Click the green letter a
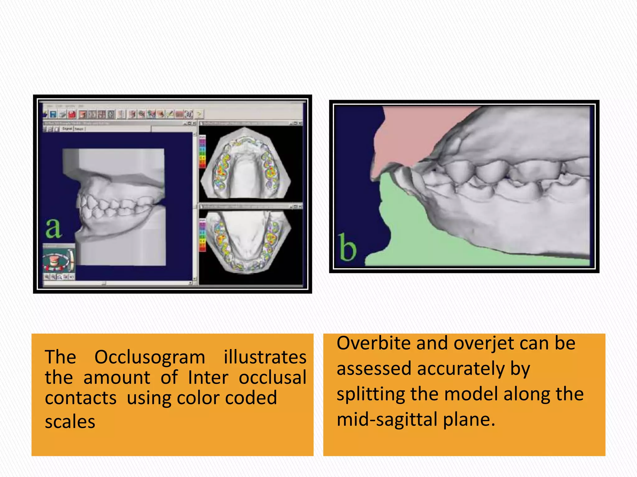tap(53, 228)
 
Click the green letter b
tap(347, 248)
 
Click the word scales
tap(70, 422)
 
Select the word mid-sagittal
tap(387, 419)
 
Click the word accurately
tap(461, 369)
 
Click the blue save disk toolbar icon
tap(53, 114)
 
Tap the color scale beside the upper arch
tap(202, 152)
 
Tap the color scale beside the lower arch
tap(202, 235)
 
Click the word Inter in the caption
tap(208, 378)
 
